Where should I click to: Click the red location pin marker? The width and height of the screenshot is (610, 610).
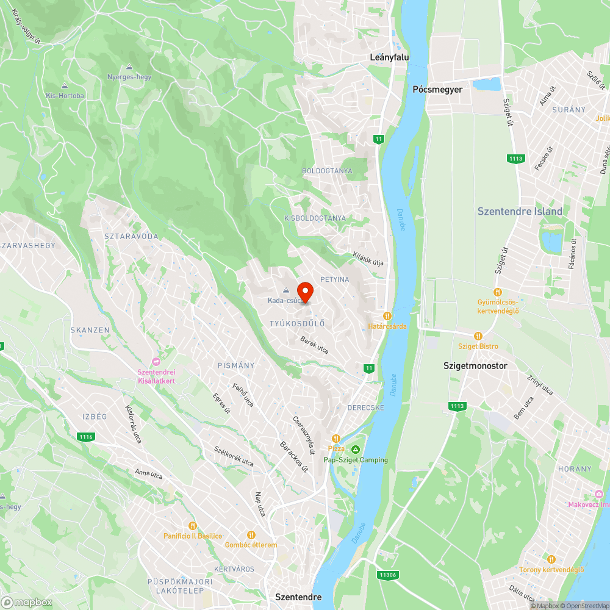(305, 292)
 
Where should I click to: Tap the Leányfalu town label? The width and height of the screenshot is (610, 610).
(390, 57)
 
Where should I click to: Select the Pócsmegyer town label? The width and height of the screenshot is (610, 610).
(437, 89)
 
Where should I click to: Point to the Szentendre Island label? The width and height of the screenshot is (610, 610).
(520, 212)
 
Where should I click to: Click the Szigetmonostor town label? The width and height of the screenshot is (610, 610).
(475, 366)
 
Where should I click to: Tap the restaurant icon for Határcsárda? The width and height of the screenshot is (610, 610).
(387, 315)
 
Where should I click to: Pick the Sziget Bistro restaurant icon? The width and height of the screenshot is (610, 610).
(478, 335)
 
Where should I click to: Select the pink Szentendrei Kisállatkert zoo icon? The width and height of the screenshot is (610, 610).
(156, 362)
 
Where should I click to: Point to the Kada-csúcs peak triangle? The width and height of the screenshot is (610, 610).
(285, 290)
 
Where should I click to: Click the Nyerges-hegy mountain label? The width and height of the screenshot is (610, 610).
(129, 77)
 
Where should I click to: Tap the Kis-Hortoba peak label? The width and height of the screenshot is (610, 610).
(65, 95)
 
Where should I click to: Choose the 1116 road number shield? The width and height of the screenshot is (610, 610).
(86, 437)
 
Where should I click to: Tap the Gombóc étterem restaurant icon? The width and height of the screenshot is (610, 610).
(251, 534)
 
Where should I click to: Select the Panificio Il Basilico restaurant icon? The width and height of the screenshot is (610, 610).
(193, 525)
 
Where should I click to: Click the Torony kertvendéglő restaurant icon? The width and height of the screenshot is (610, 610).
(551, 559)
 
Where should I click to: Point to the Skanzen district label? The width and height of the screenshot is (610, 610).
(90, 330)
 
